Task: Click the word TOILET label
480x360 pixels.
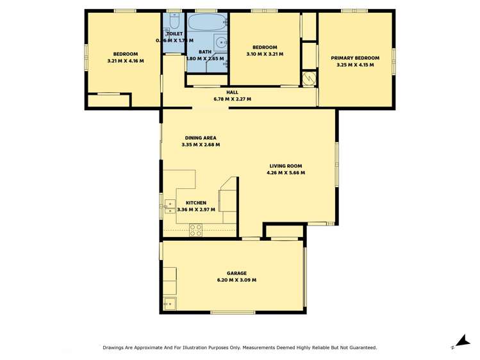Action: (x=174, y=34)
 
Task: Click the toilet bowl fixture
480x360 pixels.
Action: (x=174, y=19)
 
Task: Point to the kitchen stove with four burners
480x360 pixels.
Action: (x=195, y=230)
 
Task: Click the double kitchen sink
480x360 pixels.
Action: (x=170, y=205)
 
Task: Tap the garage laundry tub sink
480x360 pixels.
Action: (x=170, y=303)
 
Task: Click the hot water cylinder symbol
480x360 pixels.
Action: (x=309, y=78)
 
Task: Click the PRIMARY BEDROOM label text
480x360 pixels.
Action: (x=355, y=58)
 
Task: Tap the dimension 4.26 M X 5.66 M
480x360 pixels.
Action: (x=286, y=173)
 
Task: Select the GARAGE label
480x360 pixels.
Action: (x=236, y=273)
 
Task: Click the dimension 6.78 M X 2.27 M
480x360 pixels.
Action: (x=232, y=99)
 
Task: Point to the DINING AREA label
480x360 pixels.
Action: (x=201, y=138)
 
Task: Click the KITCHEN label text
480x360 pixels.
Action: (x=196, y=203)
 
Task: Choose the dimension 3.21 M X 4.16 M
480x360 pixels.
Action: (x=126, y=61)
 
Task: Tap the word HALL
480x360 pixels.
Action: (x=232, y=92)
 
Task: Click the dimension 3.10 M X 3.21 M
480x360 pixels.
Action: (x=265, y=54)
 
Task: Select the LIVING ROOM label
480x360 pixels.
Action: (x=286, y=166)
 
